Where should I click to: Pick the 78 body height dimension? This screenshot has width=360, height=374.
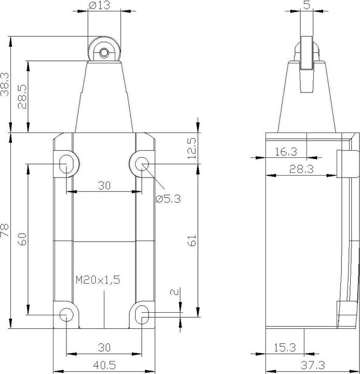[5, 231]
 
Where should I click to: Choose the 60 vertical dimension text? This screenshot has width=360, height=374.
[21, 239]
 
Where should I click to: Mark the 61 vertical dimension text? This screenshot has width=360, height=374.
[192, 240]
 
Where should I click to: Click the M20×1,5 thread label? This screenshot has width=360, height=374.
[98, 280]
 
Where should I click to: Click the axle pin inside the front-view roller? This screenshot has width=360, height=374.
[104, 52]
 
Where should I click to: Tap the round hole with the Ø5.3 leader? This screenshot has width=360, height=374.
[141, 164]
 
